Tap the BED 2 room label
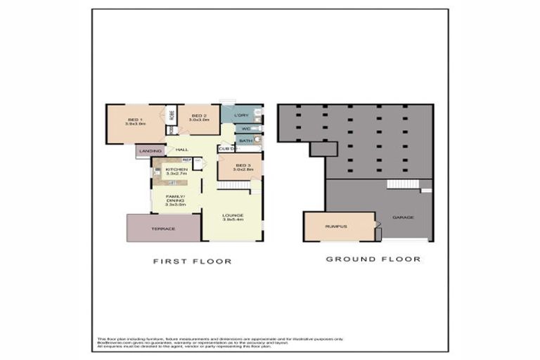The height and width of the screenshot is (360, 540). (x=198, y=116)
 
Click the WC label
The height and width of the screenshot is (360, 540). (x=246, y=129)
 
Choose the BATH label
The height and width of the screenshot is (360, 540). (x=245, y=141)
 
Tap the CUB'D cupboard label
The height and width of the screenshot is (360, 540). (x=225, y=149)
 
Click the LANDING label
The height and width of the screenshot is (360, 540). (x=150, y=151)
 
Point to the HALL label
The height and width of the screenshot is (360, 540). (x=182, y=150)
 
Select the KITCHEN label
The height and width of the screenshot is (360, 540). (x=176, y=170)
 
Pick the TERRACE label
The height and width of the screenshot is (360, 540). (x=163, y=229)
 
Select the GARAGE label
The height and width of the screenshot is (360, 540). (x=403, y=217)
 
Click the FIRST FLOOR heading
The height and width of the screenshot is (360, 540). (x=193, y=261)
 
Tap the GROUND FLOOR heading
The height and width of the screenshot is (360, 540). (x=373, y=259)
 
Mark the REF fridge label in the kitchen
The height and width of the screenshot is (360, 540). (x=187, y=160)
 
